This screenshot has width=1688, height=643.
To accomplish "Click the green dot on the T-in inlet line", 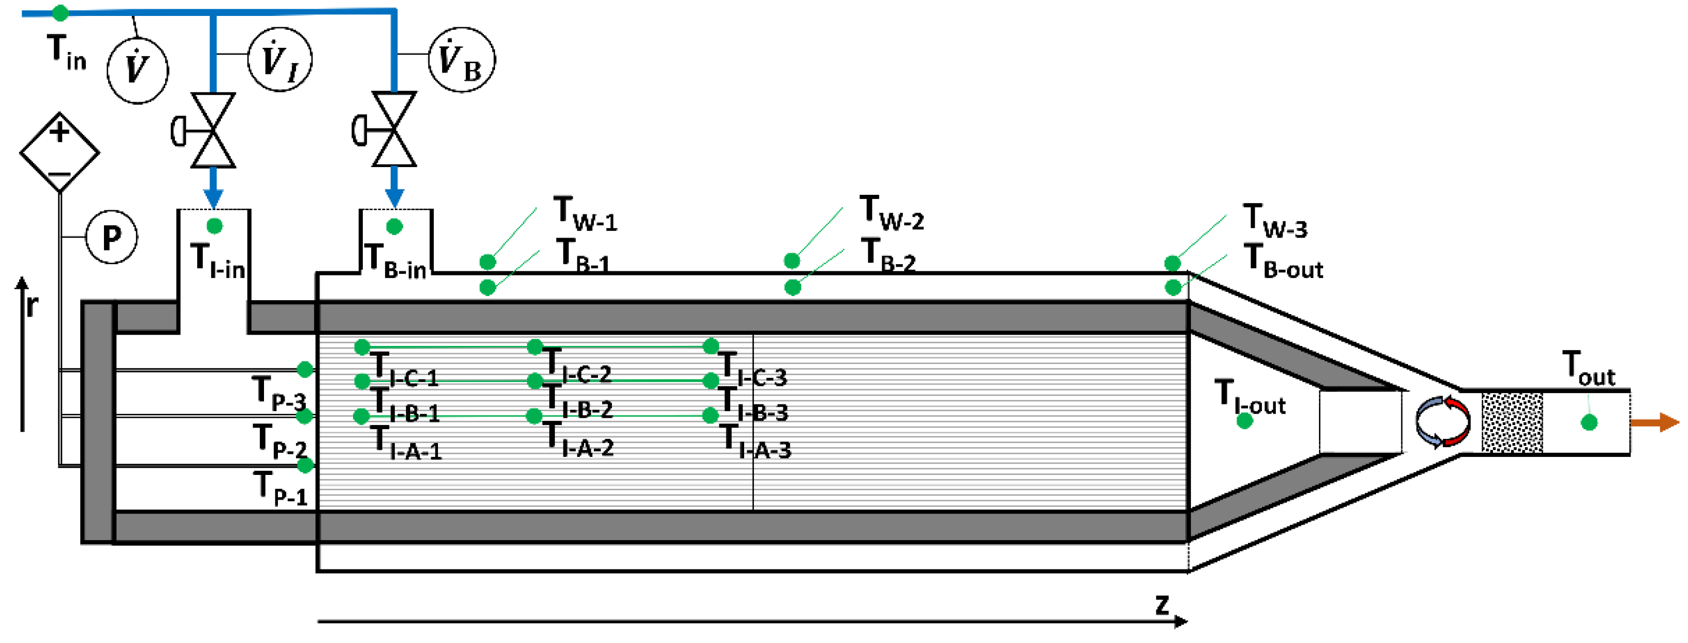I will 60,12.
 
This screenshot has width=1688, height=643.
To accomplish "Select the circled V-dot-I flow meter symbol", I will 280,60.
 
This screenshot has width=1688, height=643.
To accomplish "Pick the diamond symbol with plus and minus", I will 60,153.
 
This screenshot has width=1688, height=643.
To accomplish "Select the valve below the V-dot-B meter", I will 394,130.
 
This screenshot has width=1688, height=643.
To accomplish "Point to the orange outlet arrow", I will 1654,422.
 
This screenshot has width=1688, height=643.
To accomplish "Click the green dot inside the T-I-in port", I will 214,226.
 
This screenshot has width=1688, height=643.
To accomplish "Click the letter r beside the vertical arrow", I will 31,305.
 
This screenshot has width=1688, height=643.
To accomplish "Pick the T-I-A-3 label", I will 755,442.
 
